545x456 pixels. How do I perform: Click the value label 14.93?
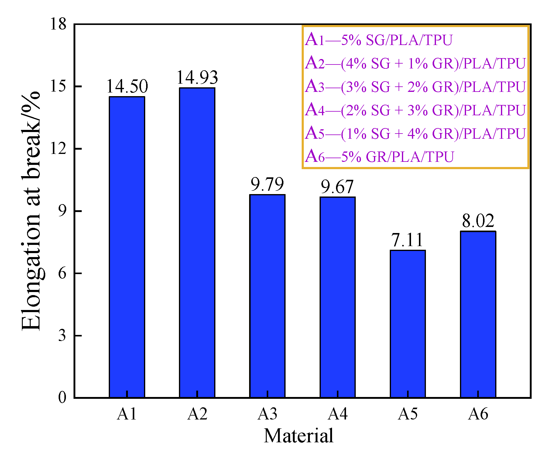[197, 78]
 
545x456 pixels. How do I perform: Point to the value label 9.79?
[267, 184]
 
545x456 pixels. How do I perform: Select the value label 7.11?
[407, 240]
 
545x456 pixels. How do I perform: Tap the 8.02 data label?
[478, 221]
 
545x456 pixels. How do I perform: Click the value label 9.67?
[337, 187]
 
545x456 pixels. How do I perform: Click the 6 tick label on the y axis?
[62, 273]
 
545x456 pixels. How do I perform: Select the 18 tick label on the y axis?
[58, 24]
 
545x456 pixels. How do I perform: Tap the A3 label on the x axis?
[267, 414]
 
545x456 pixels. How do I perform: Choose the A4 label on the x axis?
[337, 414]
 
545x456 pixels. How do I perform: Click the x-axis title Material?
[298, 436]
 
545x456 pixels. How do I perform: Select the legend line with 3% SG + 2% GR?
[415, 87]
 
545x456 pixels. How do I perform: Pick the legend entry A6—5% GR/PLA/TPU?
[379, 157]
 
